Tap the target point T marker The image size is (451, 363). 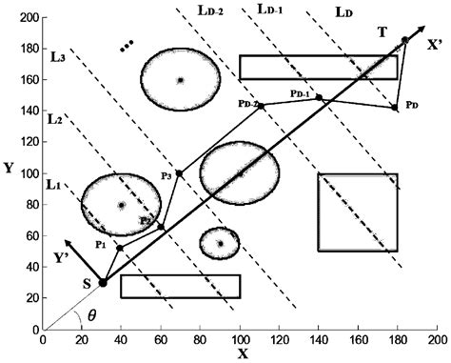[405, 40]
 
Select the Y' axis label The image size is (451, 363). [62, 256]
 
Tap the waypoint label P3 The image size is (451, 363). [167, 175]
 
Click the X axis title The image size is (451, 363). [242, 354]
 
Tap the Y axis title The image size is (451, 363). [9, 169]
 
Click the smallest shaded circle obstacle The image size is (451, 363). [220, 243]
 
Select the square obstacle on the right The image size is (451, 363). [358, 212]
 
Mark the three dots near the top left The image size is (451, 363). [127, 45]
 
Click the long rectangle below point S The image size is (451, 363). [180, 287]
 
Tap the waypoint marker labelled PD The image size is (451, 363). [395, 108]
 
